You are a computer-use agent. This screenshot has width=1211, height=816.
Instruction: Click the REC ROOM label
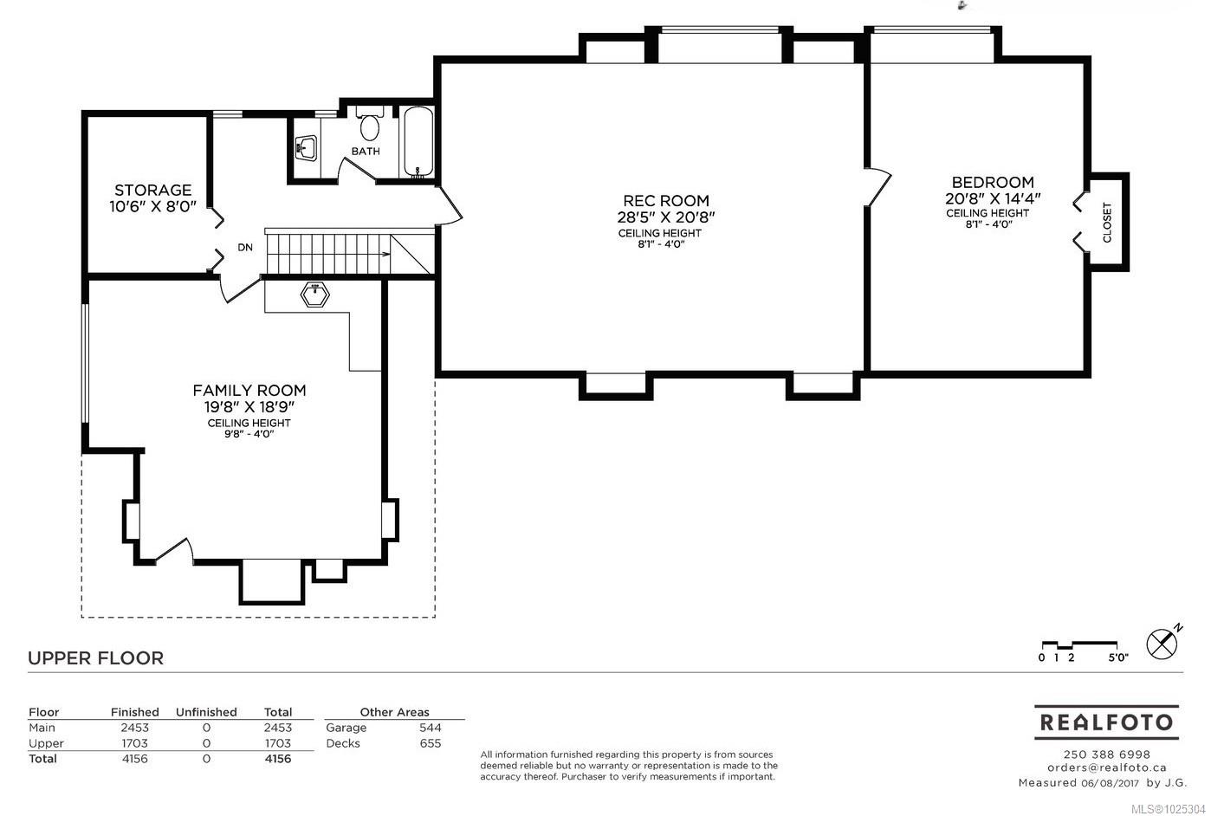pyautogui.click(x=666, y=201)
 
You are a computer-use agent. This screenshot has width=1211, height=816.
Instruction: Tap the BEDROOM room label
pyautogui.click(x=993, y=182)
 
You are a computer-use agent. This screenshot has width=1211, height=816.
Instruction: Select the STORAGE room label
pyautogui.click(x=153, y=190)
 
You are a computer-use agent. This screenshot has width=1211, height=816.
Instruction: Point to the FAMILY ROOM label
pyautogui.click(x=249, y=390)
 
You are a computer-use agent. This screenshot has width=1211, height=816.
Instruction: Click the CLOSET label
pyautogui.click(x=1107, y=223)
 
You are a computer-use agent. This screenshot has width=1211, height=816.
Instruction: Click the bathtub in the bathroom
pyautogui.click(x=418, y=142)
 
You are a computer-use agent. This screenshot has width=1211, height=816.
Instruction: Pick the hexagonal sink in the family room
pyautogui.click(x=314, y=295)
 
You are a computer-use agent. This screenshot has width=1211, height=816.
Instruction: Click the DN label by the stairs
pyautogui.click(x=245, y=247)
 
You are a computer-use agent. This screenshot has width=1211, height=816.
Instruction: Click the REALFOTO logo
pyautogui.click(x=1106, y=722)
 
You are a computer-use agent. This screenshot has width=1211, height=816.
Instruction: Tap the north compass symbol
pyautogui.click(x=1162, y=644)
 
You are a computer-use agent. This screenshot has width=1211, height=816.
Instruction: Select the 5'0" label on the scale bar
pyautogui.click(x=1118, y=657)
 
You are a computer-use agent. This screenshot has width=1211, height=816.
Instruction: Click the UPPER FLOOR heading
pyautogui.click(x=95, y=658)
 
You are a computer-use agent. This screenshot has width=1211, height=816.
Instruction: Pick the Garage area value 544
pyautogui.click(x=431, y=728)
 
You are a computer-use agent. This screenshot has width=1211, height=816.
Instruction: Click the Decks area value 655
pyautogui.click(x=431, y=743)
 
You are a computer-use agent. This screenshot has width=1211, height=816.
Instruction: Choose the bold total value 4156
pyautogui.click(x=278, y=759)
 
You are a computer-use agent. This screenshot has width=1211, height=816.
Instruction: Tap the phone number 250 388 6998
pyautogui.click(x=1107, y=754)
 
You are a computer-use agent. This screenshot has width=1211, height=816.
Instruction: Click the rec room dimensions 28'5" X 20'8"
pyautogui.click(x=666, y=217)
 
